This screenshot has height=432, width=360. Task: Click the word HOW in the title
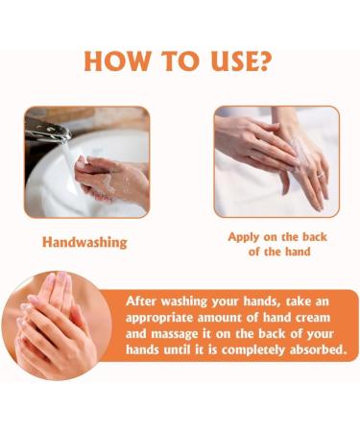[121, 60]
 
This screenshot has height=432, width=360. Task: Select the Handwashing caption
[84, 242]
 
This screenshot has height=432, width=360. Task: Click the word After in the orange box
[147, 300]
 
